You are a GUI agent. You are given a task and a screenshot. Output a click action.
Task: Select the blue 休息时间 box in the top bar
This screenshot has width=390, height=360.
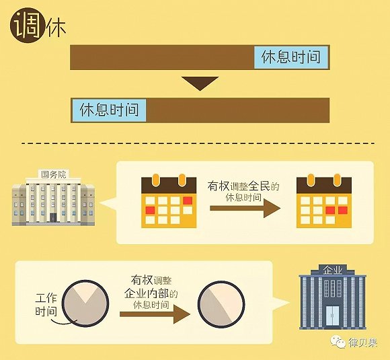pyautogui.click(x=290, y=57)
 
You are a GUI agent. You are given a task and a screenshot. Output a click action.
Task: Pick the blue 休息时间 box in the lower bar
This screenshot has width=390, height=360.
pyautogui.click(x=109, y=110)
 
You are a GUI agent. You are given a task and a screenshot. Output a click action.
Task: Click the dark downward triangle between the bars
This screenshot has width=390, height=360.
pyautogui.click(x=200, y=83)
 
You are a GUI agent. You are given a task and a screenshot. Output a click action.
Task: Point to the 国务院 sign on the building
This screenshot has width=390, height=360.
pyautogui.click(x=54, y=174)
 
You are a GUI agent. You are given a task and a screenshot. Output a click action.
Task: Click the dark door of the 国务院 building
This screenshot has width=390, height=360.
pyautogui.click(x=53, y=217)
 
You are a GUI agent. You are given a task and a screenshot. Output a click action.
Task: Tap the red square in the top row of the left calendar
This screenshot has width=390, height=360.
pyautogui.click(x=188, y=201)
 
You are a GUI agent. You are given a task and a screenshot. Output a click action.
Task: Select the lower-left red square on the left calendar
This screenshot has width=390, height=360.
pyautogui.click(x=150, y=210)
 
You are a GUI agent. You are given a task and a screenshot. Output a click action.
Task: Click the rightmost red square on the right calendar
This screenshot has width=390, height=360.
pyautogui.click(x=343, y=210)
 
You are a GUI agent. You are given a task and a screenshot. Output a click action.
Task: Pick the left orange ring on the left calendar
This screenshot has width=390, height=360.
pyautogui.click(x=156, y=180)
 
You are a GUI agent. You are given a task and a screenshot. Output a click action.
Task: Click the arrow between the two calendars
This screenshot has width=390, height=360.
pyautogui.click(x=245, y=208)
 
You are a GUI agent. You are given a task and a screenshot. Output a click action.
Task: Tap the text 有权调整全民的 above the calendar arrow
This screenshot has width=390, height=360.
pyautogui.click(x=243, y=186)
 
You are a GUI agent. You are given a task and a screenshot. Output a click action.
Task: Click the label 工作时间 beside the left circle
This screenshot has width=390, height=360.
pyautogui.click(x=46, y=305)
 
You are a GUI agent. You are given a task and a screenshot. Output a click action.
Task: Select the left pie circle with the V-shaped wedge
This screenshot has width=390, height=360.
pyautogui.click(x=85, y=303)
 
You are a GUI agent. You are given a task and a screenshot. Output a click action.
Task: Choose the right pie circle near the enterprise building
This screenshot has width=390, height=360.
pyautogui.click(x=221, y=304)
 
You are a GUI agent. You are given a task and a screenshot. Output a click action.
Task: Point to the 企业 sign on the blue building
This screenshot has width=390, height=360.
pyautogui.click(x=333, y=270)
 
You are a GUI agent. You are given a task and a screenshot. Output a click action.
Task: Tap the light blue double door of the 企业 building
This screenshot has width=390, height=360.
pyautogui.click(x=333, y=316)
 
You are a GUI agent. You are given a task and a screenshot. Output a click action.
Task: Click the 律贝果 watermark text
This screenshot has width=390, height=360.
pyautogui.click(x=363, y=343)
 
